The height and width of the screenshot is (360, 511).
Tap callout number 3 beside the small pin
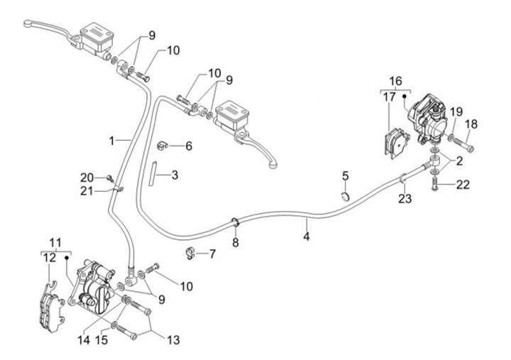click(x=175, y=174)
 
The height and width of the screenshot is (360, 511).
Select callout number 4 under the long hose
click(x=306, y=236)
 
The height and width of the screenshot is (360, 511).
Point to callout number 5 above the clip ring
click(x=345, y=175)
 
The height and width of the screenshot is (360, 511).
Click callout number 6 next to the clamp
click(x=189, y=146)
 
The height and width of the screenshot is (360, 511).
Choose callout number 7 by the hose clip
click(x=212, y=253)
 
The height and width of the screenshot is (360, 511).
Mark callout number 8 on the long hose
click(x=236, y=243)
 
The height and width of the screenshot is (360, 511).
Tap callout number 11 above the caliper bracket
click(x=56, y=242)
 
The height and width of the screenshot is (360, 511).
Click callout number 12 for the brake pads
click(x=48, y=258)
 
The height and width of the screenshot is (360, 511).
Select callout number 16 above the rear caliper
click(x=395, y=81)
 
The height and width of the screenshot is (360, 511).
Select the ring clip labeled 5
click(x=346, y=195)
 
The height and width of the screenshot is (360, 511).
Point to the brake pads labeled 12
click(x=49, y=302)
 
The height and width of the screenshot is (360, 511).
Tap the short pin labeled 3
click(x=153, y=174)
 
